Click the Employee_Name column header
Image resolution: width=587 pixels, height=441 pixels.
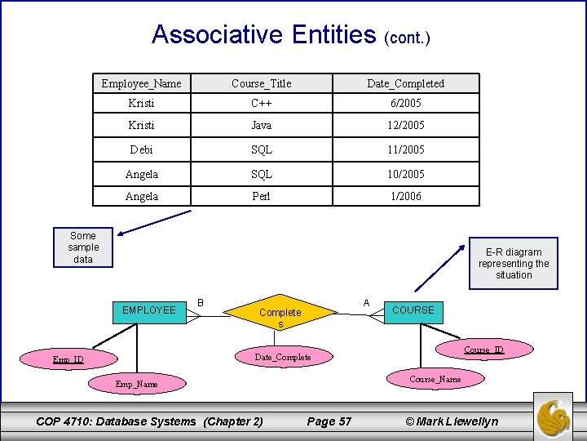(x=141, y=83)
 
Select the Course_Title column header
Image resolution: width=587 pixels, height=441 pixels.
(x=261, y=83)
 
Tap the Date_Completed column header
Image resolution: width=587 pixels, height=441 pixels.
(x=405, y=83)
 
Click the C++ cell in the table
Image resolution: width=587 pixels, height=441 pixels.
(x=261, y=104)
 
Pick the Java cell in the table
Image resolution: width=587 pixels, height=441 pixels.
(x=261, y=126)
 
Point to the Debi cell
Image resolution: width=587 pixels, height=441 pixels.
(x=141, y=150)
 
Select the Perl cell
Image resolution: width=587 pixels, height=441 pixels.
(x=261, y=196)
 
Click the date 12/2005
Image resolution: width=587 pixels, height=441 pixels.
(x=405, y=126)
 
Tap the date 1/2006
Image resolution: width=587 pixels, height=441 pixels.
(x=405, y=196)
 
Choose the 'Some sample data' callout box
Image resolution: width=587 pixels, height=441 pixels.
(x=83, y=247)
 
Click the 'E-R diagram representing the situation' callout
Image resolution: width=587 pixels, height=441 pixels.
(x=514, y=263)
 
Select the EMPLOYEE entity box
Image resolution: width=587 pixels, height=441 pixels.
(x=148, y=310)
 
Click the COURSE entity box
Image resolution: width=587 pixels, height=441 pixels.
(x=413, y=310)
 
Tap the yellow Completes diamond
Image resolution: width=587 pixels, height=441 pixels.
(x=280, y=314)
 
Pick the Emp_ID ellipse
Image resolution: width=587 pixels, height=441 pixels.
(x=69, y=359)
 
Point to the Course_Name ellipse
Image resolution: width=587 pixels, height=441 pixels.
(x=435, y=379)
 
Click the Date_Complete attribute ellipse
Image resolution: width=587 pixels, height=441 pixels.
(x=283, y=357)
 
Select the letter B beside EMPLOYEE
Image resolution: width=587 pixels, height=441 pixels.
(x=201, y=303)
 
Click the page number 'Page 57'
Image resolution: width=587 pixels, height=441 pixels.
(x=329, y=421)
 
